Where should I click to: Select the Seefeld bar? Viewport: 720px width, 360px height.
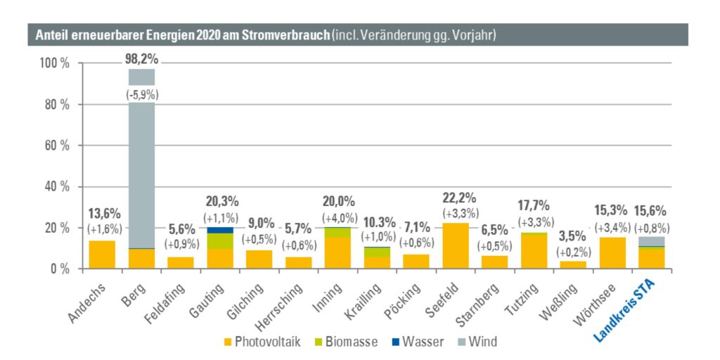(x=456, y=245)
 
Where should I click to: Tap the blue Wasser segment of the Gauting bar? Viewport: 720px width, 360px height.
(x=220, y=230)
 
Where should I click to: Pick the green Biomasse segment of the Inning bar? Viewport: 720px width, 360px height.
(x=338, y=232)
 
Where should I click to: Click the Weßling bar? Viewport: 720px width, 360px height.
(x=573, y=265)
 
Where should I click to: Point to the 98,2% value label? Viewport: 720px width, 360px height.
(x=141, y=59)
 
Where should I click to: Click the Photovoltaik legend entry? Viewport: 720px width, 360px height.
(x=262, y=342)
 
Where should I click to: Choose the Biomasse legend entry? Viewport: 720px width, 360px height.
(x=346, y=342)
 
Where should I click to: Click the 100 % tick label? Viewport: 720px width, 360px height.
(x=54, y=63)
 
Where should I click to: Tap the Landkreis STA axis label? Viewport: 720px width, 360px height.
(x=625, y=312)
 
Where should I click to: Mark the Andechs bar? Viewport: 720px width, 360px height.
(x=102, y=255)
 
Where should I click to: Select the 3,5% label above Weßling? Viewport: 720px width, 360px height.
(x=573, y=237)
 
